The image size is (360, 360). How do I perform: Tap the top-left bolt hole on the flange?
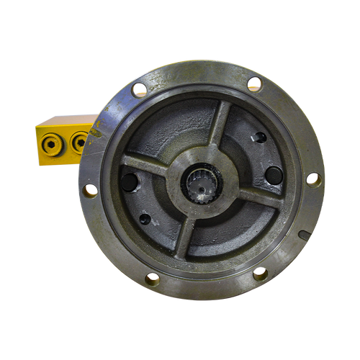(x=140, y=90)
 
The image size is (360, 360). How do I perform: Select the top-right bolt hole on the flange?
(x=254, y=84)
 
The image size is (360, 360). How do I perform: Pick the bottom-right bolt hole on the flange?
(x=260, y=274)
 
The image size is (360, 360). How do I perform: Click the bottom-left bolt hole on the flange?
(x=153, y=278)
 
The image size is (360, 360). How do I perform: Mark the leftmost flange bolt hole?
(x=91, y=190)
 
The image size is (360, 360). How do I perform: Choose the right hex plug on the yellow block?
(x=78, y=143)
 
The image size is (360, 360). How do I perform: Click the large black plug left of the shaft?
(x=129, y=181)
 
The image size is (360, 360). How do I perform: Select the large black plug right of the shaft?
(x=274, y=175)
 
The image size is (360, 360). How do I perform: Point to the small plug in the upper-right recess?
(x=260, y=137)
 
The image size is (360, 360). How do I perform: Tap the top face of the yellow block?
(x=65, y=120)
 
